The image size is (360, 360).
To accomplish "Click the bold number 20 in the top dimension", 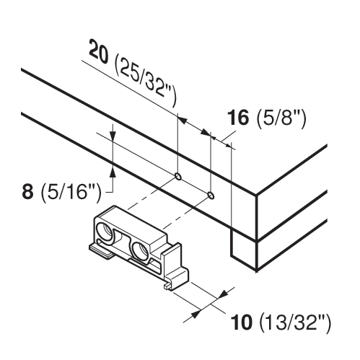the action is pyautogui.click(x=99, y=52).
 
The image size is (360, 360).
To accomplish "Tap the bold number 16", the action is pyautogui.click(x=239, y=118).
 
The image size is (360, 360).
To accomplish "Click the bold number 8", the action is pyautogui.click(x=27, y=192).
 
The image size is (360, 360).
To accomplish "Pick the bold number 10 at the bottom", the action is pyautogui.click(x=242, y=322).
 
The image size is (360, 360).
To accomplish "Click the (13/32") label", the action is pyautogui.click(x=295, y=323).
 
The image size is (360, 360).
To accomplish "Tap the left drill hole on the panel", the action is pyautogui.click(x=178, y=176).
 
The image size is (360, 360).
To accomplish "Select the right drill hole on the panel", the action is pyautogui.click(x=211, y=196).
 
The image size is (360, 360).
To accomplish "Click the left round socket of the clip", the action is pyautogui.click(x=104, y=232).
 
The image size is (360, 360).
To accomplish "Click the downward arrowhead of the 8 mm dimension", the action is pyautogui.click(x=113, y=136).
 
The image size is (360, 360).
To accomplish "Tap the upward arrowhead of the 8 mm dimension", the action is pyautogui.click(x=113, y=172).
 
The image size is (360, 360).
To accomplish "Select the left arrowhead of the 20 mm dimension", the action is pyautogui.click(x=182, y=120).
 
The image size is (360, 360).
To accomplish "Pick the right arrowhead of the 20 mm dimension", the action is pyautogui.click(x=206, y=133).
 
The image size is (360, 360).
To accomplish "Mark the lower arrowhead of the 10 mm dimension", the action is pyautogui.click(x=196, y=313).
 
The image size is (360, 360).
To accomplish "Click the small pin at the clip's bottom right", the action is pyautogui.click(x=167, y=286).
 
